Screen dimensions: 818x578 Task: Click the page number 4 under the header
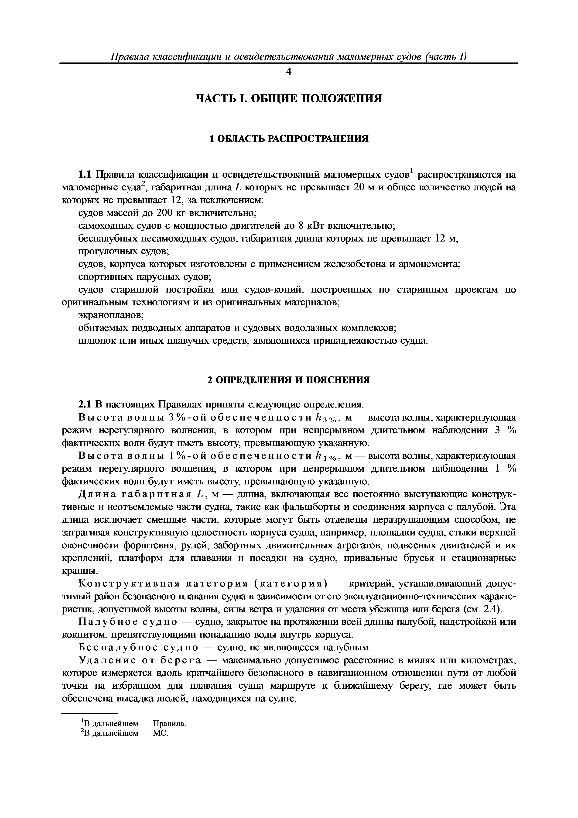[289, 72]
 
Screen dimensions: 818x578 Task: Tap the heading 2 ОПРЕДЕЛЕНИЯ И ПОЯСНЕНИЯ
[289, 380]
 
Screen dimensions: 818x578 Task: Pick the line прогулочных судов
[123, 252]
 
